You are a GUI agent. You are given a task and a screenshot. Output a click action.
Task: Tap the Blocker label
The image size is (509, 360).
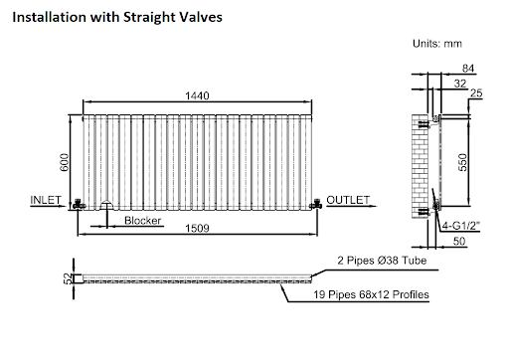coord(143,220)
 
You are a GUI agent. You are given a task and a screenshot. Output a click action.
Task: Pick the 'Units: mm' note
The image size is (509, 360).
coord(436,45)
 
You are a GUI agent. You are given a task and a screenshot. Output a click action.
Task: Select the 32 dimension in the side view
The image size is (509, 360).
coord(459,84)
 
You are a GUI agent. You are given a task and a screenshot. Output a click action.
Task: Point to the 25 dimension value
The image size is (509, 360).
coord(477,93)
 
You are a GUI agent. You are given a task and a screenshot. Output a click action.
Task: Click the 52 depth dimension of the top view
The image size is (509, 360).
coord(68,278)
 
